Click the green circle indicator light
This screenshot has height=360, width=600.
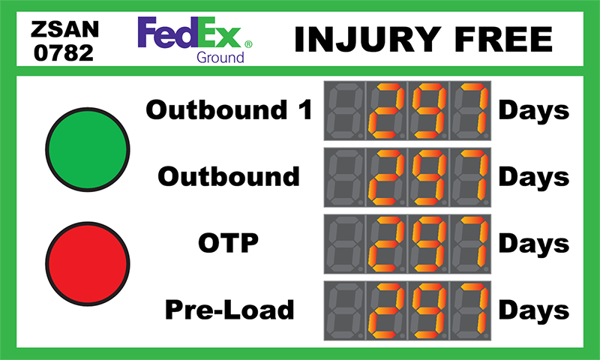coord(88,149)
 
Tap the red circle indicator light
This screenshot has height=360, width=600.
coord(88,263)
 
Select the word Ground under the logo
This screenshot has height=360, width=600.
coord(220,58)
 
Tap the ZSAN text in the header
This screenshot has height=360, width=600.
coord(65,29)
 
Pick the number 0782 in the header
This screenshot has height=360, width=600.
coord(64,52)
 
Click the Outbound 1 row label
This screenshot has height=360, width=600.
coord(229,109)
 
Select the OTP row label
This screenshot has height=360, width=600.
coord(229,242)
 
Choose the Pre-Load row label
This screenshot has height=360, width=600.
coord(229,309)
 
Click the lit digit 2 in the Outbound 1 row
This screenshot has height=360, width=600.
coord(386,110)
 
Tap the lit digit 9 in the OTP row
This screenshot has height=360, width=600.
coord(428,244)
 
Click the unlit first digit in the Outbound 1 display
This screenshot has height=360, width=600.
coord(344,110)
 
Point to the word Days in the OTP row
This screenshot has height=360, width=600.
coord(534,244)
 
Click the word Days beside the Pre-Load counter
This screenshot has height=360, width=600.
coord(534,310)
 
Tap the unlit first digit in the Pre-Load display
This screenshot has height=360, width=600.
coord(344,310)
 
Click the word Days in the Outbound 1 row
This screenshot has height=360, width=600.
coord(534,110)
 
